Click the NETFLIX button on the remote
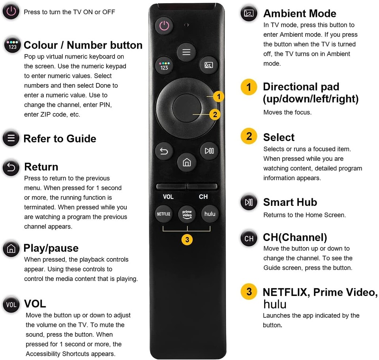pos(163,214)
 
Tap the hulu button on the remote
pos(210,214)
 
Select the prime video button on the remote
pos(187,214)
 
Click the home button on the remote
pos(187,162)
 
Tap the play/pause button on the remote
pos(209,151)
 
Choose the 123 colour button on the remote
pos(164,65)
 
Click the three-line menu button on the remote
pos(186,52)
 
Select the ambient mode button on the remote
pos(209,65)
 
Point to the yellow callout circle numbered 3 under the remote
pos(187,239)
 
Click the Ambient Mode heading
pos(300,13)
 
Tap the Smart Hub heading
pos(290,202)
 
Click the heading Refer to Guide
pos(60,139)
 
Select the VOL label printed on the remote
pos(168,197)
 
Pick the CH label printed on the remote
pos(203,197)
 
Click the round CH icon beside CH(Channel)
pos(249,238)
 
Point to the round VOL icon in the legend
pos(11,304)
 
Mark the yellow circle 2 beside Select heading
pos(249,137)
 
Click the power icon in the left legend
pos(11,12)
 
